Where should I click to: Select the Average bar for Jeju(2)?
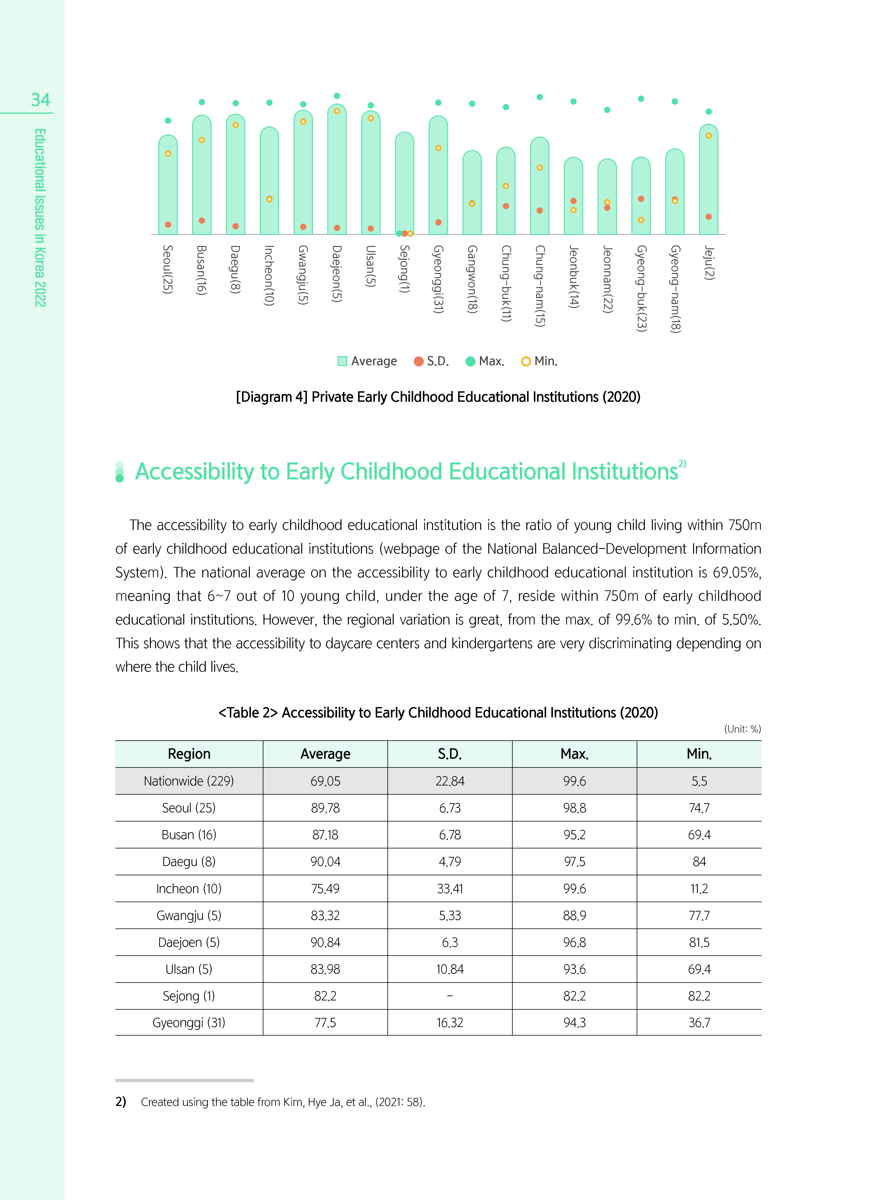point(708,181)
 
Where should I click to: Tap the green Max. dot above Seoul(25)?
point(168,120)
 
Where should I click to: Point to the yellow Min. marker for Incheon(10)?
point(269,199)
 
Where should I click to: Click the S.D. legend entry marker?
point(418,361)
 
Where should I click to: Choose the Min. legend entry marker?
point(526,361)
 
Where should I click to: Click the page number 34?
point(40,100)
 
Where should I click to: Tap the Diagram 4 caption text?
point(438,397)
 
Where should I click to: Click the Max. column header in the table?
point(575,754)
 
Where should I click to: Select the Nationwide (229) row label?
point(188,781)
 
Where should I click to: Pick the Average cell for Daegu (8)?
point(325,861)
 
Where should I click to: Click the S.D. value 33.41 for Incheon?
point(450,888)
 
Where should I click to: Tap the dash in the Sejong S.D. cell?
point(450,996)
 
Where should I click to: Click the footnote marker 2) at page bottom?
point(121,1102)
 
